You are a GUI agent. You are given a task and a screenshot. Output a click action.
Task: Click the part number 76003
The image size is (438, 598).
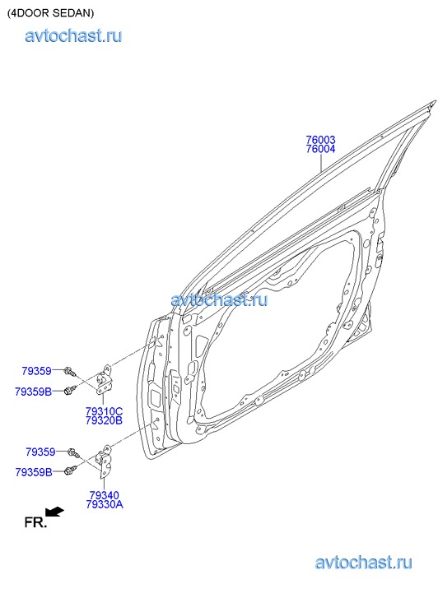[x=320, y=140]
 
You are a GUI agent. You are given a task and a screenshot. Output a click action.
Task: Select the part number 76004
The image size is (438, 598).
[x=320, y=149]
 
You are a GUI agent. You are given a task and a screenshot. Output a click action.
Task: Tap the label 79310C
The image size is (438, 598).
[x=104, y=411]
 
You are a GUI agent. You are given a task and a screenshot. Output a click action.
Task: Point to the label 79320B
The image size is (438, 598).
[x=104, y=420]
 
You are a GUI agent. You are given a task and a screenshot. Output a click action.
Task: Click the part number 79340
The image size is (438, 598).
[x=105, y=495]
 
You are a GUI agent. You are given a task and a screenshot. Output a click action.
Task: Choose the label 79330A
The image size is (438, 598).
[x=105, y=504]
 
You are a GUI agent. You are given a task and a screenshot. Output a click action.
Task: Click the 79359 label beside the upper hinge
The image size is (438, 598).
[x=36, y=371]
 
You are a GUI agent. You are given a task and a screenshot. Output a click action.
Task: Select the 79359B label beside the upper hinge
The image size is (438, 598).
[x=33, y=392]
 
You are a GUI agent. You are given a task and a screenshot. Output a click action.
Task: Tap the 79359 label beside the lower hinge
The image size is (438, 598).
[x=40, y=452]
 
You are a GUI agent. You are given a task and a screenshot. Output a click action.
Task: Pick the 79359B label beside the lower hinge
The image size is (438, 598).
[x=34, y=472]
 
